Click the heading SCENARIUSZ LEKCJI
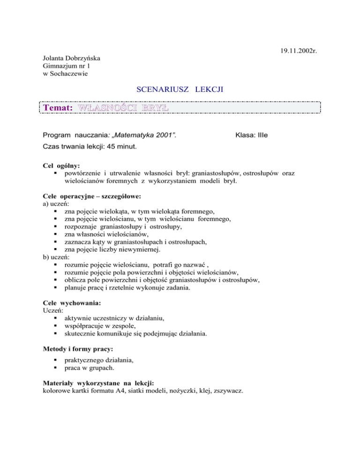point(180,91)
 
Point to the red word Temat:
point(57,107)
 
